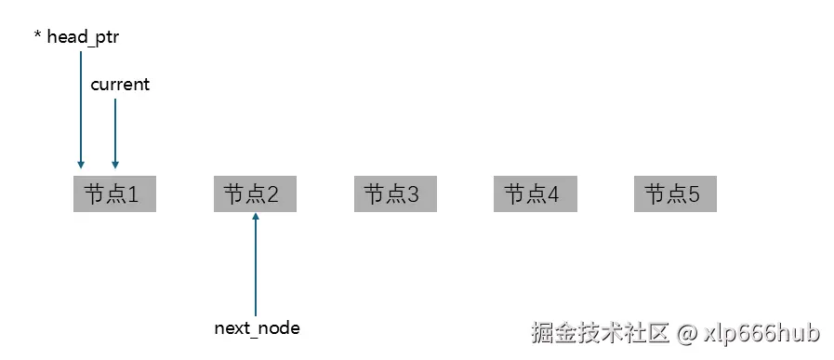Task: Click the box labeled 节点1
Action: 113,194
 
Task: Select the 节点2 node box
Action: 254,194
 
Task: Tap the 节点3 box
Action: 394,194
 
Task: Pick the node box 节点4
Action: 535,194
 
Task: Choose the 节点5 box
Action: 675,194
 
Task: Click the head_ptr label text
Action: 83,38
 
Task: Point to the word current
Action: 119,85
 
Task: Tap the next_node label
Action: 257,328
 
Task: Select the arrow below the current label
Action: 115,130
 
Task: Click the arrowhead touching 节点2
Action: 256,218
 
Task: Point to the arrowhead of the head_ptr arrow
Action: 81,164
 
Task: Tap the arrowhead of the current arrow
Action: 115,164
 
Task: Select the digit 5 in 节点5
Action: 694,195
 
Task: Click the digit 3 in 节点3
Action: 413,195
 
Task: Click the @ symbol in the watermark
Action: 686,332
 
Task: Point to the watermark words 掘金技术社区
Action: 600,332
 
